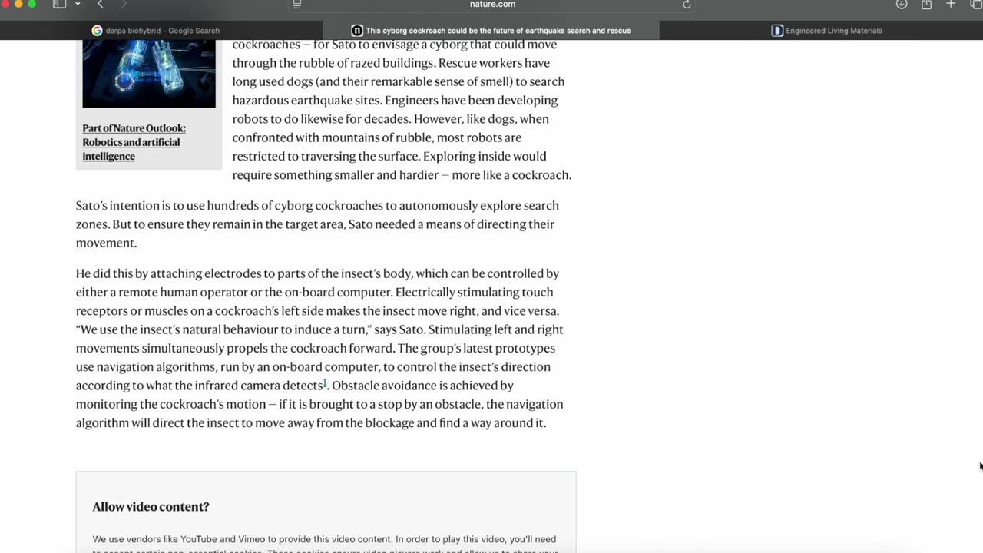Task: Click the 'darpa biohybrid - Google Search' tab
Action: tap(162, 31)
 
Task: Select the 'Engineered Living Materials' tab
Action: tap(833, 31)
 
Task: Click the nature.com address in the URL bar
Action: tap(492, 5)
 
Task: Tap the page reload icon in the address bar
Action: tap(687, 5)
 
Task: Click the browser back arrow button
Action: tap(100, 5)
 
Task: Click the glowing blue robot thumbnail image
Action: tap(149, 74)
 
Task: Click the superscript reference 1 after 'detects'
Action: tap(325, 382)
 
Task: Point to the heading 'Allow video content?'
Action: tap(151, 507)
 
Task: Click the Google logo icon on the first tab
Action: tap(97, 31)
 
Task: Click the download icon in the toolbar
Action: tap(902, 5)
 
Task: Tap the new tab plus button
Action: tap(951, 5)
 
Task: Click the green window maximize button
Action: tap(31, 4)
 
